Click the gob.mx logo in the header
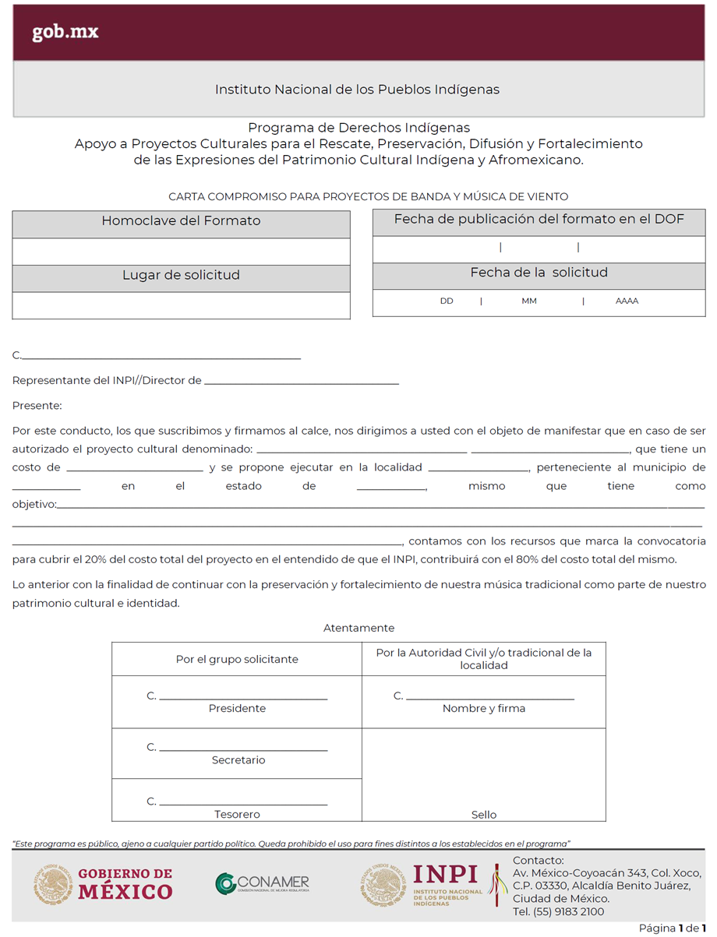[65, 33]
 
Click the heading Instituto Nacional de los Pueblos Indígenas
[357, 90]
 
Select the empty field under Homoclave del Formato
[181, 252]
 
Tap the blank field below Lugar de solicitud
[181, 305]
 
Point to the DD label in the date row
[447, 301]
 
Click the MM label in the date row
[529, 301]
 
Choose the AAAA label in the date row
[627, 301]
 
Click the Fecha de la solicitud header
[539, 273]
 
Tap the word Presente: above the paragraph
[37, 406]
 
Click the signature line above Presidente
[243, 699]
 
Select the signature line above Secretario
[243, 750]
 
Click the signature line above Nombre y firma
[489, 699]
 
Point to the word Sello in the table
[484, 815]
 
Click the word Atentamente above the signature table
[358, 628]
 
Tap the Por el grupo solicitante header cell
[237, 659]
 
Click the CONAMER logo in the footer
[263, 883]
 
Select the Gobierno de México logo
[103, 885]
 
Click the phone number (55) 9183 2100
[558, 912]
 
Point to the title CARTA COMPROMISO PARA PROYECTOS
[368, 197]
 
